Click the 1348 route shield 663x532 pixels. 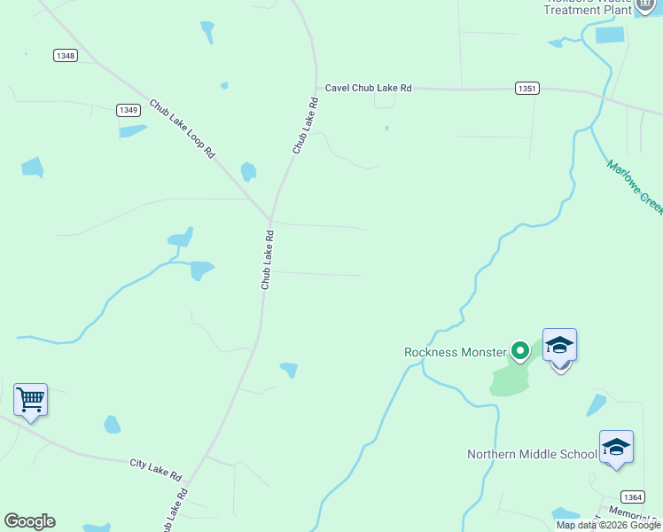click(65, 55)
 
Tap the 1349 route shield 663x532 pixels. click(128, 110)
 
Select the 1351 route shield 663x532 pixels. click(526, 89)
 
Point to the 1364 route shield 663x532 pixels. click(632, 497)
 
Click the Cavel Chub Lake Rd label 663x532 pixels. click(369, 88)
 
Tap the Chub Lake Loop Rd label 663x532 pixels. click(183, 129)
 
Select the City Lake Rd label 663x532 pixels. click(155, 463)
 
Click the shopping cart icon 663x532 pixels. click(30, 400)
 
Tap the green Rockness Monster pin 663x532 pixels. click(519, 351)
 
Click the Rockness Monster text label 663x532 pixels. click(456, 352)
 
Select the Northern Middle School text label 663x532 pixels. click(532, 454)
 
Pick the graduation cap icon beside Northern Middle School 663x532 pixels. click(615, 447)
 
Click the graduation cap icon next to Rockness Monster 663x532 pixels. click(559, 345)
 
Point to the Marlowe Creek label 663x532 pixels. click(635, 186)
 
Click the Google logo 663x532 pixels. click(29, 521)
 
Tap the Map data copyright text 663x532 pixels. click(608, 525)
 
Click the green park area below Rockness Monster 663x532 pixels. click(509, 380)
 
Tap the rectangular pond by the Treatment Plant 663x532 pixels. click(610, 35)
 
